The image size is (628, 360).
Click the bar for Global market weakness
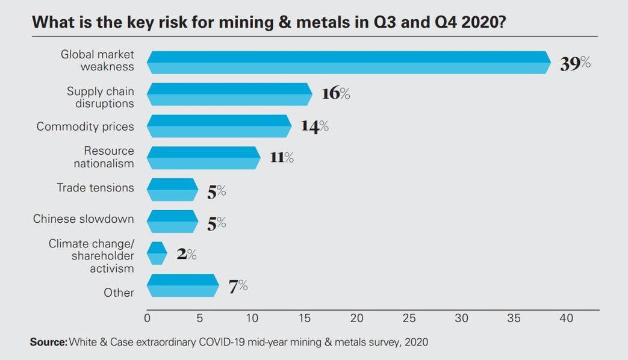pos(348,62)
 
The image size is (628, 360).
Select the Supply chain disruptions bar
pos(229,94)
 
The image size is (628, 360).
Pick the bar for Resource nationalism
pos(204,158)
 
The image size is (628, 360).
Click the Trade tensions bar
pos(172,190)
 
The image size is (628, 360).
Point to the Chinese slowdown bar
pos(172,221)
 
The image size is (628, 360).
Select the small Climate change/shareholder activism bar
pos(157,253)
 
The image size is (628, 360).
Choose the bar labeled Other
pos(182,285)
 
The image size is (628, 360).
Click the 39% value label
pos(575,63)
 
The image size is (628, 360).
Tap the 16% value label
pos(335,93)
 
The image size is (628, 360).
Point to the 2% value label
pos(187,254)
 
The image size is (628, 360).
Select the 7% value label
pos(238,286)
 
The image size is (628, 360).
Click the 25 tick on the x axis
pos(409,318)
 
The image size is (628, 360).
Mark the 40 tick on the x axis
pos(566,318)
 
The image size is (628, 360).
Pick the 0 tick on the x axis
pos(148,318)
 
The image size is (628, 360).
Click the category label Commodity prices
pos(85,126)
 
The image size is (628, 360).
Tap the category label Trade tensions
pos(95,188)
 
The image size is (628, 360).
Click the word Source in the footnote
pos(48,342)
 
